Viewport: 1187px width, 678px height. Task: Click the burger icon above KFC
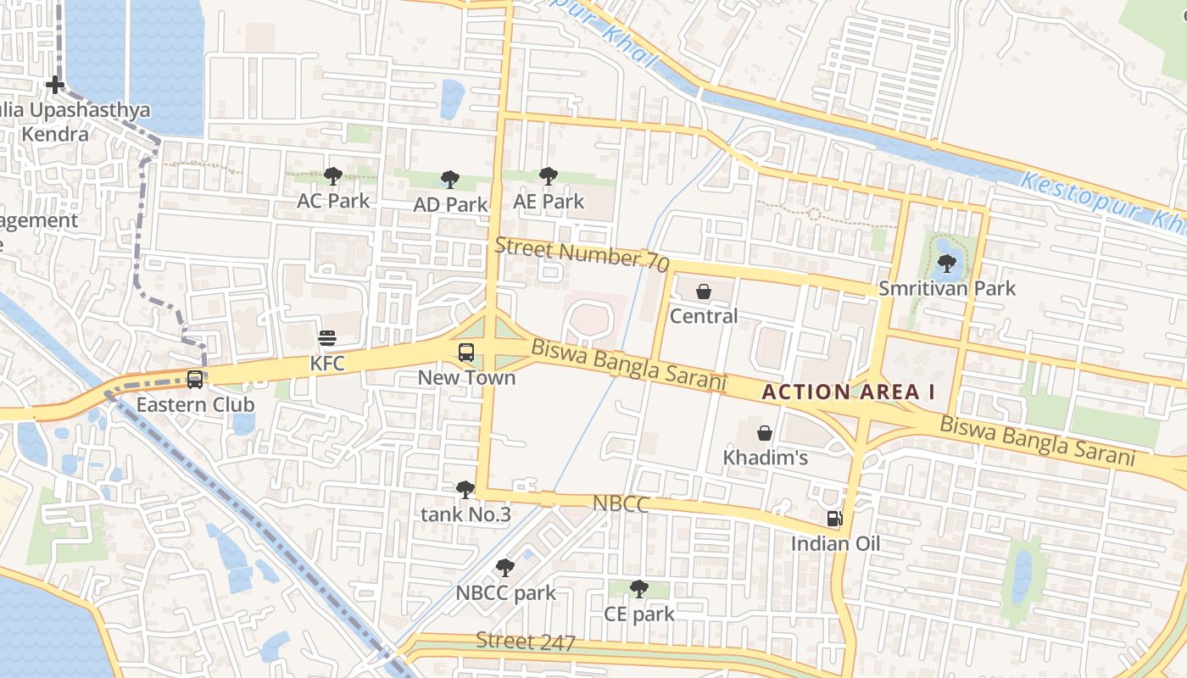[327, 338]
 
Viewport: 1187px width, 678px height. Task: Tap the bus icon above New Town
[465, 352]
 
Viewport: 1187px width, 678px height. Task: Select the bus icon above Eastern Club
[195, 379]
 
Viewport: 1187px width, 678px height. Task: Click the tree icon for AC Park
[333, 175]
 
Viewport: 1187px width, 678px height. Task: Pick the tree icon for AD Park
[450, 179]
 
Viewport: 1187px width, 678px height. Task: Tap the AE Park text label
[549, 202]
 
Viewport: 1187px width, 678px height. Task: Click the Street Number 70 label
[582, 253]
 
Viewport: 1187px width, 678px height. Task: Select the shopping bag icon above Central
[704, 292]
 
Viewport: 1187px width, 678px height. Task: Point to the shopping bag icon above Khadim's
[765, 433]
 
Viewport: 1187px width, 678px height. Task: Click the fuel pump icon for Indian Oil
[835, 518]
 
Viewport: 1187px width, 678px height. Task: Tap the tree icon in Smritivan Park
[947, 264]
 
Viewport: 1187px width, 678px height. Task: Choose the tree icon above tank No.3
[465, 489]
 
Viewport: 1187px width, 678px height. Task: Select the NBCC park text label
[505, 593]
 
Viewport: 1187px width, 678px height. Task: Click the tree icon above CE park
[639, 588]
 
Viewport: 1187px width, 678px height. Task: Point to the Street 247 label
[526, 642]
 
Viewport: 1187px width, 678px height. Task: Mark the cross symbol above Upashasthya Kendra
[55, 85]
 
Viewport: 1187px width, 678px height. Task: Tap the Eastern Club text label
[195, 405]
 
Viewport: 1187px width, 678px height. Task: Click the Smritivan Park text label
[946, 289]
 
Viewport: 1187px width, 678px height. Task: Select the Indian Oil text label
[835, 544]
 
